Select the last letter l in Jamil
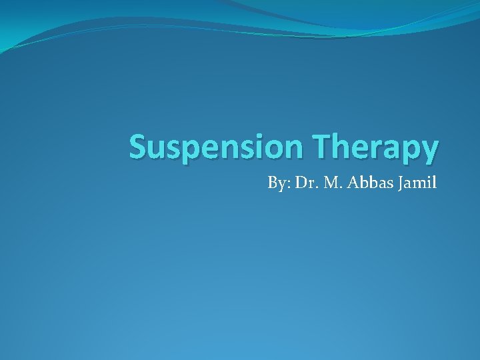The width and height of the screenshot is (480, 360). click(434, 182)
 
